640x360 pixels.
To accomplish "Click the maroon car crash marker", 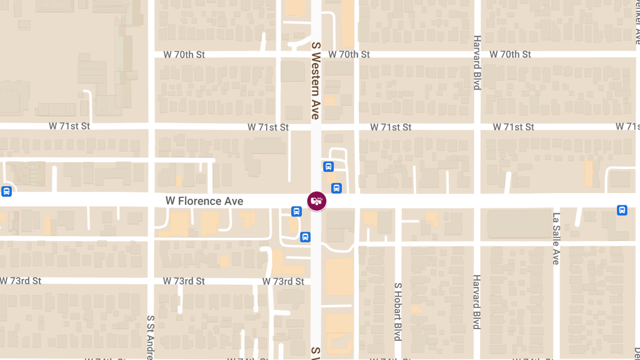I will (317, 201).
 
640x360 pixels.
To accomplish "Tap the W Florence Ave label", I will (204, 201).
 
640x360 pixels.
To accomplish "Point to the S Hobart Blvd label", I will (397, 312).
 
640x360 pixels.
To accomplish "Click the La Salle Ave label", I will (556, 238).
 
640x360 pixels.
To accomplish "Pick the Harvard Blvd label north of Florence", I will (477, 62).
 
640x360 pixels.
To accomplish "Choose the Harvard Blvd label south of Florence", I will (477, 302).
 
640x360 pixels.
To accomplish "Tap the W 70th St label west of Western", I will (184, 54).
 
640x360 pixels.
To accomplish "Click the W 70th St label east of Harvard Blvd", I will (510, 54).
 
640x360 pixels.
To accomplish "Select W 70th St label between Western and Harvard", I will (349, 54).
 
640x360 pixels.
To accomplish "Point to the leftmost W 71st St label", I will (69, 126).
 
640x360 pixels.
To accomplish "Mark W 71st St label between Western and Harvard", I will (391, 127).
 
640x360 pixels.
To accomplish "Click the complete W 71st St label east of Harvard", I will (513, 127).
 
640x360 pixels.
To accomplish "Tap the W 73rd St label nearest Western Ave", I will (283, 281).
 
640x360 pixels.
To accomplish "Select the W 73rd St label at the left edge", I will (21, 281).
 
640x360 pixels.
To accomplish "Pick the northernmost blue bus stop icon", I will (329, 167).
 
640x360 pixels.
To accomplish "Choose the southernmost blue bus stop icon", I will (305, 237).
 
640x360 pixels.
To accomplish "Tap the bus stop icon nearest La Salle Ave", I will (622, 210).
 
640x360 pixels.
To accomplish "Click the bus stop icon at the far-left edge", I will (6, 191).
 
